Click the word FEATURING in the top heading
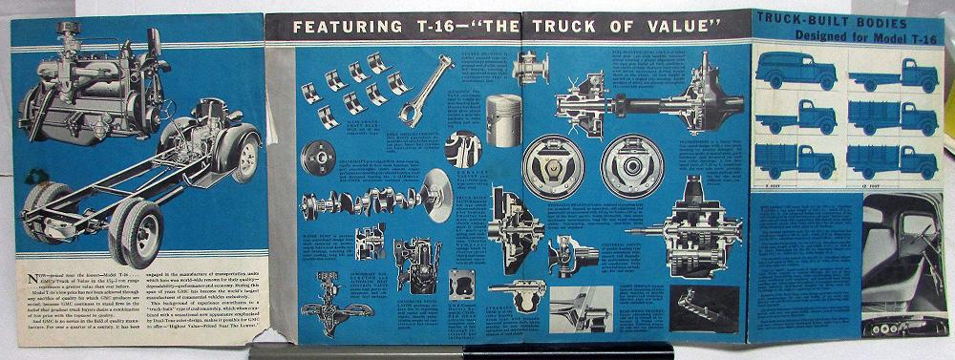pyautogui.click(x=343, y=25)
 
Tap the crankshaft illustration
pyautogui.click(x=363, y=203)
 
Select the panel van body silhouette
pyautogui.click(x=795, y=72)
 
